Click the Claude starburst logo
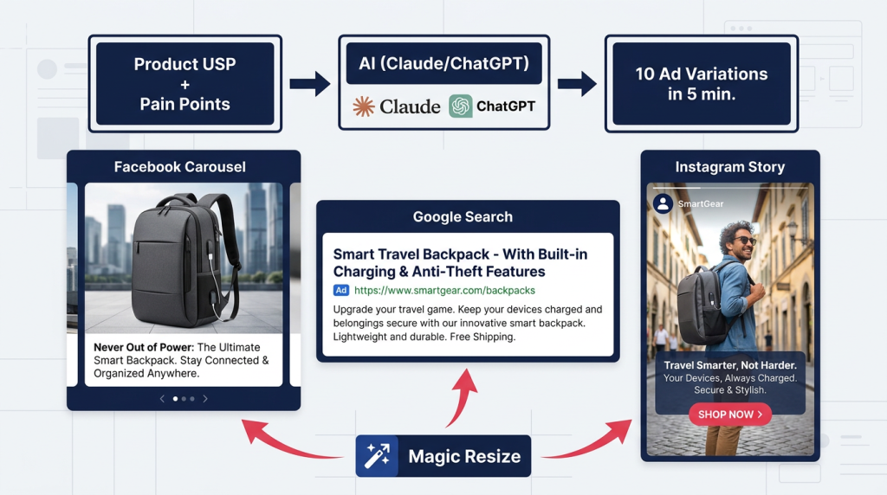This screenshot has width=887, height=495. [363, 106]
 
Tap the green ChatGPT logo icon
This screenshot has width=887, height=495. [461, 106]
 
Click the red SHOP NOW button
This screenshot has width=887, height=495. [729, 415]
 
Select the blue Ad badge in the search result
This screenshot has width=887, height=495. [341, 291]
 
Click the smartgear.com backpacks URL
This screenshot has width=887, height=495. [444, 291]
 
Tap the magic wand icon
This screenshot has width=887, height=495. [377, 455]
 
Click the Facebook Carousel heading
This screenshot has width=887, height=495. [180, 167]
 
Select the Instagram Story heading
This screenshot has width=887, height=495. [729, 167]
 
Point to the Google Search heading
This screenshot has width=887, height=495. [463, 216]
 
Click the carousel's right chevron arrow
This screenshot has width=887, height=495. [204, 398]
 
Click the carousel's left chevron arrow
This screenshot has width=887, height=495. [162, 398]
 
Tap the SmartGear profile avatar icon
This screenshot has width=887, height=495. [663, 203]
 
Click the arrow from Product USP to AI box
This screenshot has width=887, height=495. [309, 84]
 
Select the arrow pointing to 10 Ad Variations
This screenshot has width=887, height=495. [577, 84]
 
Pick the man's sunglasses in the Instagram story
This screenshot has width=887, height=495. [744, 241]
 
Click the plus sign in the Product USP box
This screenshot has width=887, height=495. [185, 85]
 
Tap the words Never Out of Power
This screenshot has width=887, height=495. [144, 347]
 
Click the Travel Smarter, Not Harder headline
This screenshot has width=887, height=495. [729, 365]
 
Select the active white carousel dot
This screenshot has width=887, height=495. [175, 398]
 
